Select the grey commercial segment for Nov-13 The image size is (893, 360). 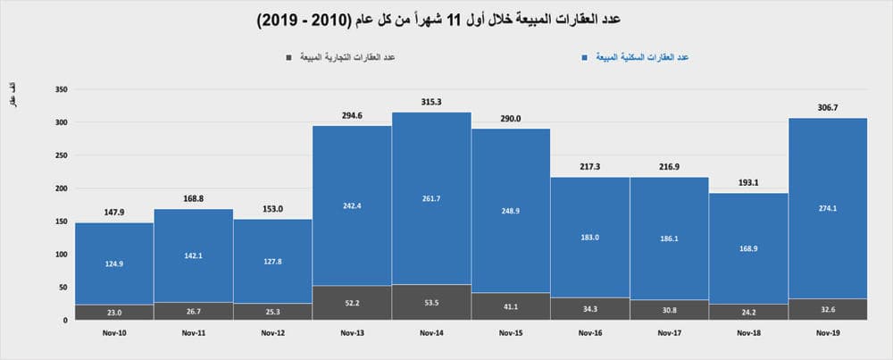[352, 303]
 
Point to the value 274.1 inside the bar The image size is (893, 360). [828, 209]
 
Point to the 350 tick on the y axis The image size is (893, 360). [62, 89]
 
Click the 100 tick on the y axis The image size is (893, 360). [62, 255]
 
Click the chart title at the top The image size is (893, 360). [446, 19]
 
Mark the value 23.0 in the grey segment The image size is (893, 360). [114, 313]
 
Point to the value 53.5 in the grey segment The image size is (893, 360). [431, 304]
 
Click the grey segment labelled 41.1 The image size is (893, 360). [511, 306]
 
